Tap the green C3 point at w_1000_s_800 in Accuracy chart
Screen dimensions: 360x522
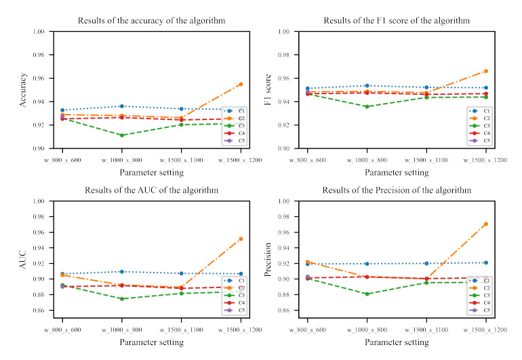[x=121, y=135]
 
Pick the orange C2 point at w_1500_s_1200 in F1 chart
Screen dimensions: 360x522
[x=485, y=71]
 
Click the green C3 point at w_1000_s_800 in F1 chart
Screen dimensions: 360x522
[x=367, y=106]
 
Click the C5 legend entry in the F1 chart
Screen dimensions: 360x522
[x=483, y=141]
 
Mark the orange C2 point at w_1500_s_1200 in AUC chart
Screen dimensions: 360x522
[x=241, y=239]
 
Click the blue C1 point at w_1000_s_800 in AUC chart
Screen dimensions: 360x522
[x=121, y=272]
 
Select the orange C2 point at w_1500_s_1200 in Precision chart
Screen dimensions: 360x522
[x=485, y=224]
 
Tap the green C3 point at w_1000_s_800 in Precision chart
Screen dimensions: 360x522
[x=367, y=294]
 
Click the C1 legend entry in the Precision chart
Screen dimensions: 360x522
[x=483, y=280]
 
